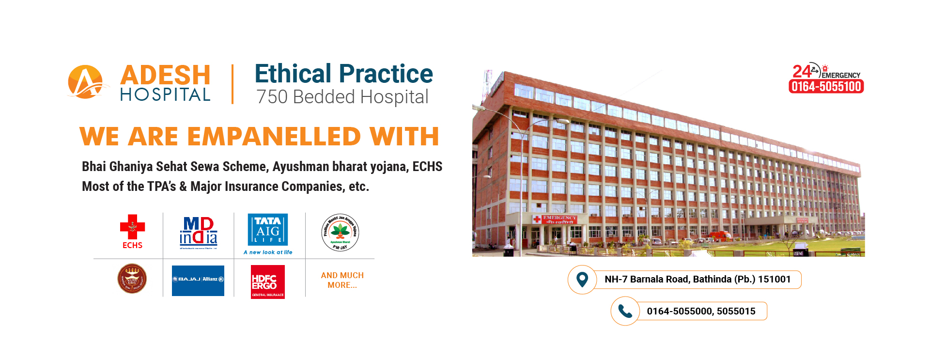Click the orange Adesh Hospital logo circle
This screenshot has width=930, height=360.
[85, 82]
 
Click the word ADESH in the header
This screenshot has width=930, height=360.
[165, 75]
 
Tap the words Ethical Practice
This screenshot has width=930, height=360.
[343, 74]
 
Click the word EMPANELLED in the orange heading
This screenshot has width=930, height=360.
[274, 136]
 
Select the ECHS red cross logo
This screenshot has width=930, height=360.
[132, 227]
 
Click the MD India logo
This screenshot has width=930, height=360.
[198, 232]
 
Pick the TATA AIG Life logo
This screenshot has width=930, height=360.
[268, 230]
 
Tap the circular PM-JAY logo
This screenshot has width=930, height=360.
[340, 233]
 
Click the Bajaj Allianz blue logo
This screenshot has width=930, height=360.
[198, 280]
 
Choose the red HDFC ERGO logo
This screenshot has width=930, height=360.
[267, 282]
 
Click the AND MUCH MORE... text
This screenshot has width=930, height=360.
[342, 280]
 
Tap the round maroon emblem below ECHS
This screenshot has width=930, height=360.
[132, 279]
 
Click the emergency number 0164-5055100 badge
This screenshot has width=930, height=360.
[826, 86]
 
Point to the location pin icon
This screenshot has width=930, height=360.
[582, 280]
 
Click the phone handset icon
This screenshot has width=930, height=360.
[625, 311]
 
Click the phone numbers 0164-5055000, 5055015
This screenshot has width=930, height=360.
[701, 311]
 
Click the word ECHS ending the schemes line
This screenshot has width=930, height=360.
[427, 167]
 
